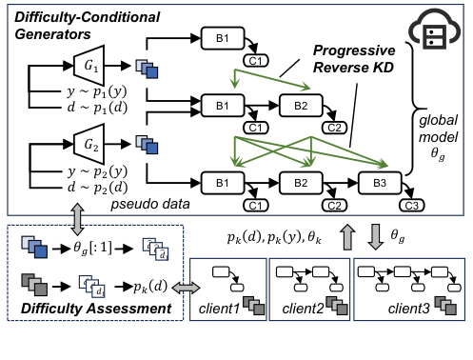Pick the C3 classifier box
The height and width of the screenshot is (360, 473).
411,204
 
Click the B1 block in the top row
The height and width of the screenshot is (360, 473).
221,38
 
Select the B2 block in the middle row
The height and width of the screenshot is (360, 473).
300,105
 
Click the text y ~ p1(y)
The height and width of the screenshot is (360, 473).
72,95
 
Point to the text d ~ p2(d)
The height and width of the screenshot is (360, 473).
72,190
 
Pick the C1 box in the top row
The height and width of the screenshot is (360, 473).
255,60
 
